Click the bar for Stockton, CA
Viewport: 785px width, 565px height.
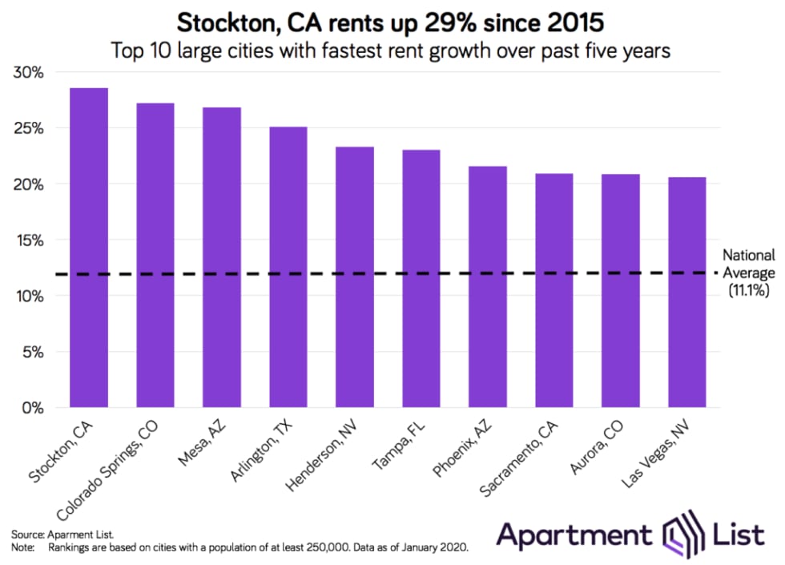click(89, 248)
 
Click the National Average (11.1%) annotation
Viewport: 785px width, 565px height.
click(749, 273)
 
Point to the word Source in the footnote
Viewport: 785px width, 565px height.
click(28, 533)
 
